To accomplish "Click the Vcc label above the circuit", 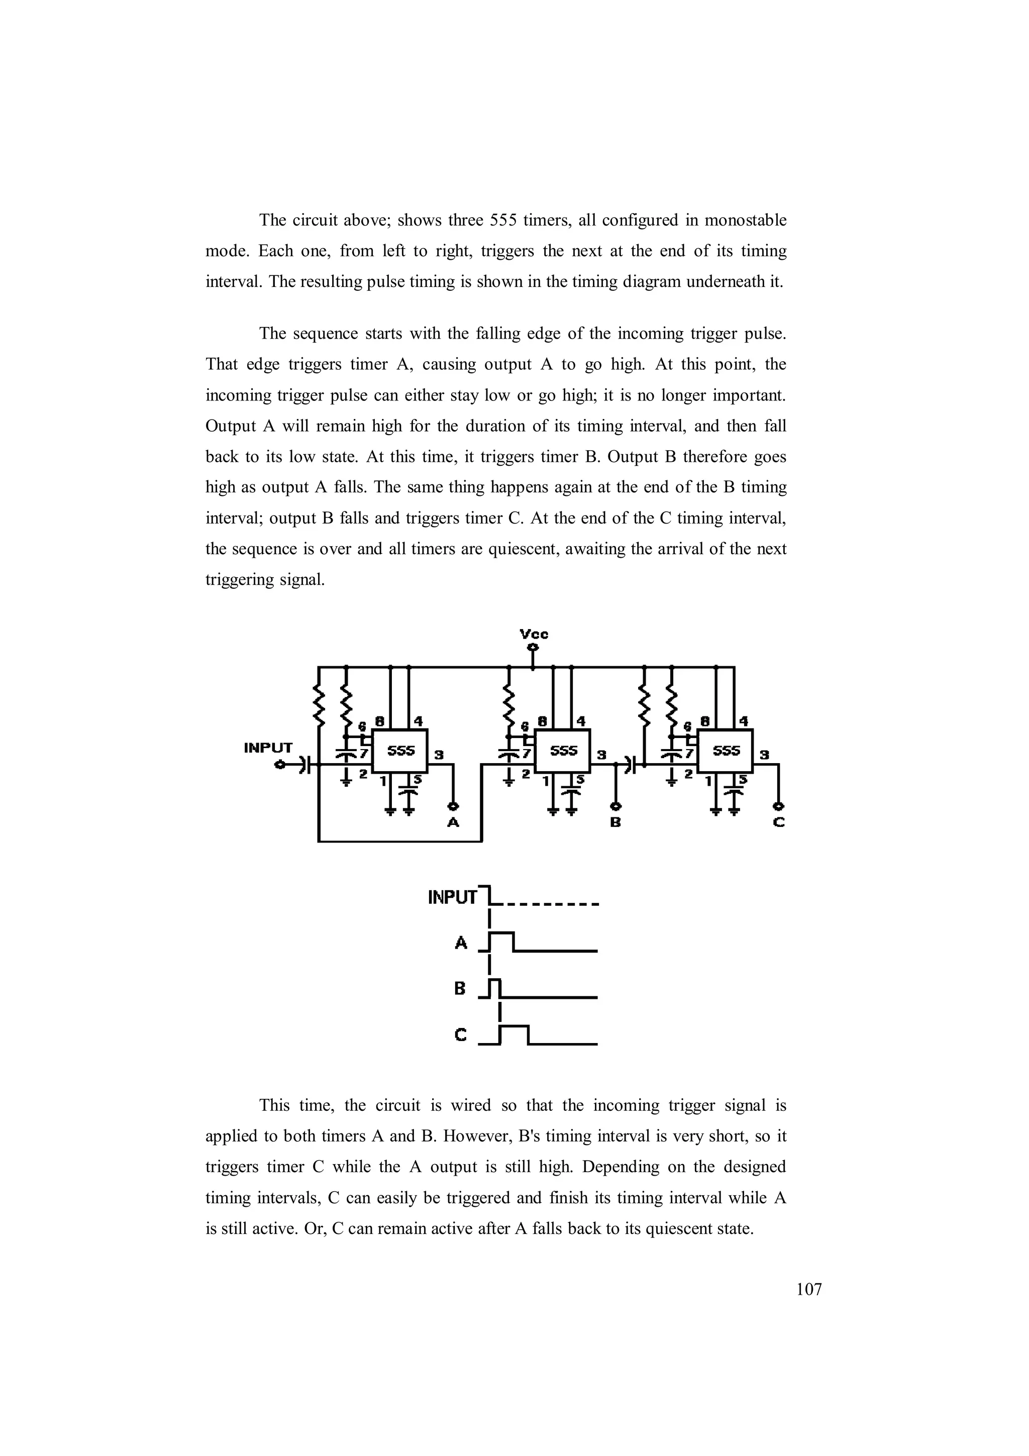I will click(x=534, y=634).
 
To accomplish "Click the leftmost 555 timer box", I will click(x=400, y=751).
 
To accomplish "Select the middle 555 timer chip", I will click(x=563, y=751).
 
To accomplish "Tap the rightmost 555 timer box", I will click(x=726, y=751).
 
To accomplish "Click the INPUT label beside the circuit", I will click(x=268, y=748).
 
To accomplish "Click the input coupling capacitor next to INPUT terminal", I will click(x=305, y=765).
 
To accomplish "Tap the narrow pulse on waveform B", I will click(x=496, y=987).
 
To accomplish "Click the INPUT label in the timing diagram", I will click(x=452, y=897).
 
